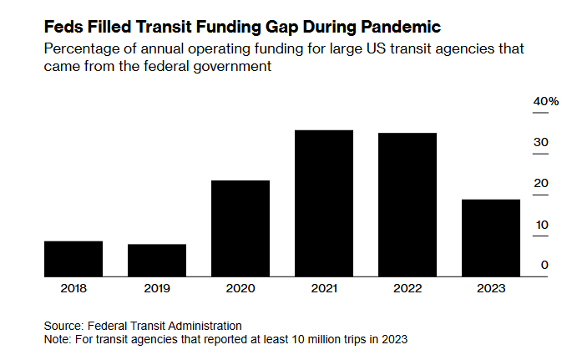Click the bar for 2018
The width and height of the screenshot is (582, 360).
(x=73, y=258)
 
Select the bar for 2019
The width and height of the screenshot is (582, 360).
(x=157, y=260)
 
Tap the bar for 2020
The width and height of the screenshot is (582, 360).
(x=240, y=228)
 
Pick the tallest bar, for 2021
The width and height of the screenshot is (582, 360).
(x=324, y=203)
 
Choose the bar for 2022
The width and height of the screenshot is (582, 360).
(x=407, y=205)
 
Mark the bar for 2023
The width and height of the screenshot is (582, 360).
(x=491, y=237)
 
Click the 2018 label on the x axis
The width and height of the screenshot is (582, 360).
(x=73, y=288)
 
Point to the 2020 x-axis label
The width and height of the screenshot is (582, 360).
(x=240, y=288)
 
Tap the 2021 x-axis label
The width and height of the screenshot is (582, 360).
(x=324, y=288)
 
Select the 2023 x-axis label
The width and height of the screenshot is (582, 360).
(x=491, y=288)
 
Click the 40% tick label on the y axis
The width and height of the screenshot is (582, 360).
(x=545, y=101)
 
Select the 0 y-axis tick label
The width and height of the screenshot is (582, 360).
(x=544, y=265)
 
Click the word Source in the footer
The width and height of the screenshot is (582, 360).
(x=64, y=326)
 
